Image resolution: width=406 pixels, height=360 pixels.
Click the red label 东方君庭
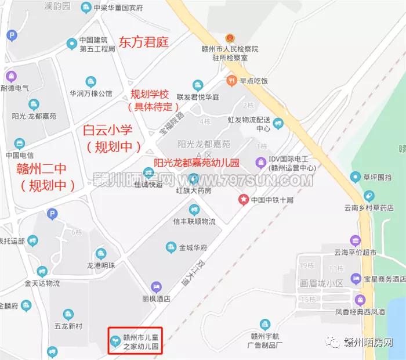[x=143, y=42]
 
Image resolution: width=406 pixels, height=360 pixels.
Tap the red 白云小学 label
[x=109, y=131]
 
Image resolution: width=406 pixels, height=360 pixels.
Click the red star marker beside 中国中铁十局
[x=244, y=200]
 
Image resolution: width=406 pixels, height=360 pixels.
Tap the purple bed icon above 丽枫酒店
[x=155, y=287]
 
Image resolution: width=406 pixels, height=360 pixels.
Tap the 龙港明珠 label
[x=102, y=265]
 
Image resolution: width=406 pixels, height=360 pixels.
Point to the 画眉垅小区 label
[x=322, y=284]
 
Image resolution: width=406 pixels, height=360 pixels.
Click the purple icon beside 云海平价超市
[x=354, y=240]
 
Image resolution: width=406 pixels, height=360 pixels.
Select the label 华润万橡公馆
[x=91, y=93]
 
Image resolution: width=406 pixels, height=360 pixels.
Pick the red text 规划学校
[x=149, y=94]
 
